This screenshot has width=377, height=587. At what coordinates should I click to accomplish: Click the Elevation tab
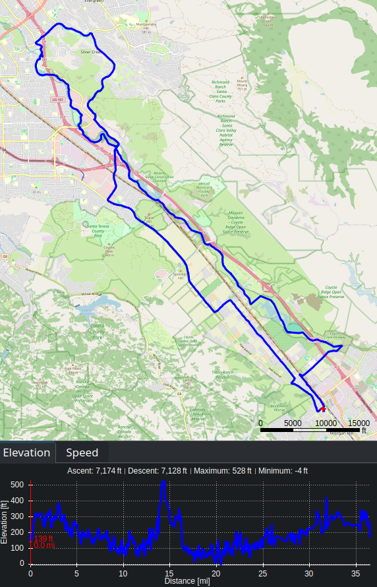click(26, 452)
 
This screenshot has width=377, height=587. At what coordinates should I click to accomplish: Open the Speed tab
click(82, 452)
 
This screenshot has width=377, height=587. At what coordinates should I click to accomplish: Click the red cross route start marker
click(323, 409)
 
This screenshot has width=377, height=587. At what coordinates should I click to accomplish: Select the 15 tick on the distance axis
click(170, 574)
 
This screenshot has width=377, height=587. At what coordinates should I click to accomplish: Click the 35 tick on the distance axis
click(357, 574)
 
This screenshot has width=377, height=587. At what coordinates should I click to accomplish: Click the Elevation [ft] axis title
click(5, 521)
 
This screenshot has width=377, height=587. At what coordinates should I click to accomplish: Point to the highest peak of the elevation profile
click(163, 482)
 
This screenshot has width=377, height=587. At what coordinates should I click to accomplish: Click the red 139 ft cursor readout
click(43, 538)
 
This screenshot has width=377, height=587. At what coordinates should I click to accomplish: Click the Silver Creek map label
click(88, 51)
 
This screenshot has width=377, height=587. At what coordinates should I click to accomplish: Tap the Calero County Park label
click(97, 332)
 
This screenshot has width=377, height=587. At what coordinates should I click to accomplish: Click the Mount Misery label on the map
click(241, 83)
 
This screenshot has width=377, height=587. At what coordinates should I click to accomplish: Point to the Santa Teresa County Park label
click(98, 230)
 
